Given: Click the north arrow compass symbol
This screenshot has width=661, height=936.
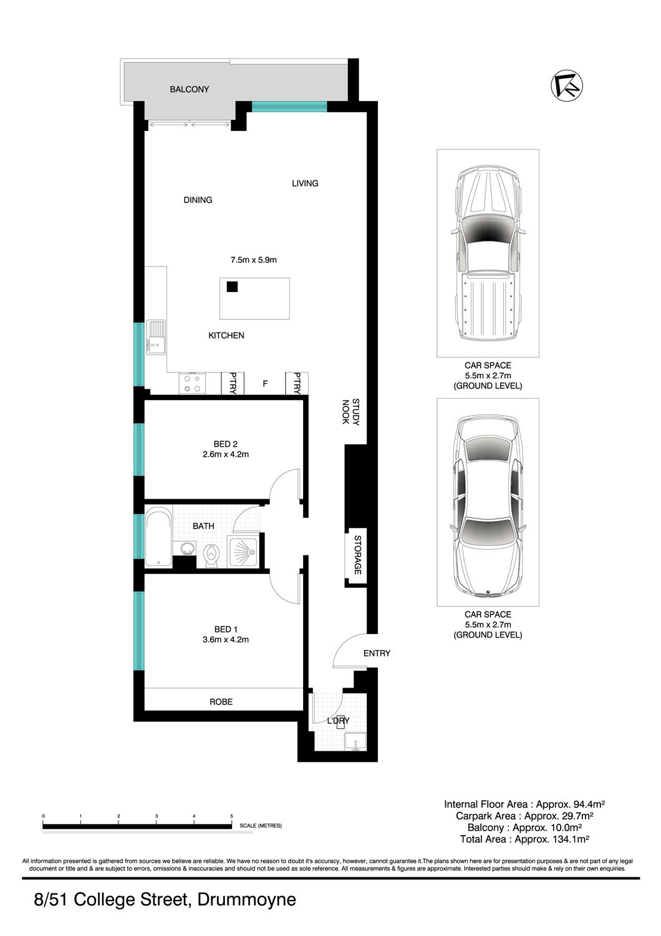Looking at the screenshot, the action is [567, 85].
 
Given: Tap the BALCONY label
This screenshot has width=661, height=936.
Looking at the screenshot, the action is [189, 89].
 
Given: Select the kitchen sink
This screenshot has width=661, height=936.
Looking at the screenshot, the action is [156, 337].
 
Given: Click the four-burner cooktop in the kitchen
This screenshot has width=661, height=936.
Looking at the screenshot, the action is [192, 383].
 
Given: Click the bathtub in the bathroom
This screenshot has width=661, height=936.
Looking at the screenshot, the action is [158, 537].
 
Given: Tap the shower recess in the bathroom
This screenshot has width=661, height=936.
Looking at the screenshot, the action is [243, 552].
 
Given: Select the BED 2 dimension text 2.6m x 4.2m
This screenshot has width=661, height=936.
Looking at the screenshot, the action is [226, 454].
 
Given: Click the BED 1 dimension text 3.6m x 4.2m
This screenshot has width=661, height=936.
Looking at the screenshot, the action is [226, 640].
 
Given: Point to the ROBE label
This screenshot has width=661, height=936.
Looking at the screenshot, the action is [221, 702].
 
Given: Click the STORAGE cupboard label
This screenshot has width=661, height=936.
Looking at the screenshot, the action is [357, 555].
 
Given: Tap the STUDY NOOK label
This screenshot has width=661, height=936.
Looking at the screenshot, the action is [350, 412].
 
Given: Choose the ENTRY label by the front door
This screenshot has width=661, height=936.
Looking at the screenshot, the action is [377, 653].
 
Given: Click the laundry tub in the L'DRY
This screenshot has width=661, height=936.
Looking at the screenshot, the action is [355, 742].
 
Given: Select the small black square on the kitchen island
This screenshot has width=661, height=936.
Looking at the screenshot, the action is [232, 286].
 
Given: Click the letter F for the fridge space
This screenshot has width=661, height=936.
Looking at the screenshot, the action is [265, 383].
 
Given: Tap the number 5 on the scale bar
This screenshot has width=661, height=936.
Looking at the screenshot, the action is [231, 816].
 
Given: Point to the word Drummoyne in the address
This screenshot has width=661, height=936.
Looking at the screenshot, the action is [246, 899].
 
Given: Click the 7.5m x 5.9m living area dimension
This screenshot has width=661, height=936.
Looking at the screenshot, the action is [253, 260].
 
